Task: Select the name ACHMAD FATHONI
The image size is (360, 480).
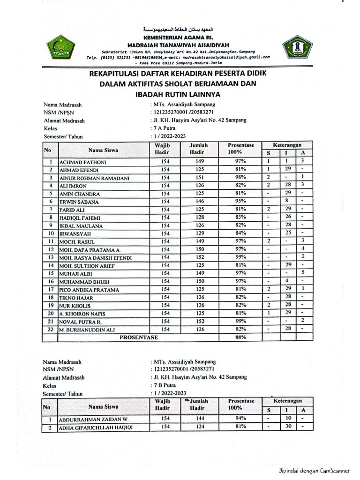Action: (x=83, y=162)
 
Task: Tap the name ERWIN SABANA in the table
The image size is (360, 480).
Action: (x=79, y=202)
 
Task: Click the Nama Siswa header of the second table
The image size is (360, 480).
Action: (x=103, y=406)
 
